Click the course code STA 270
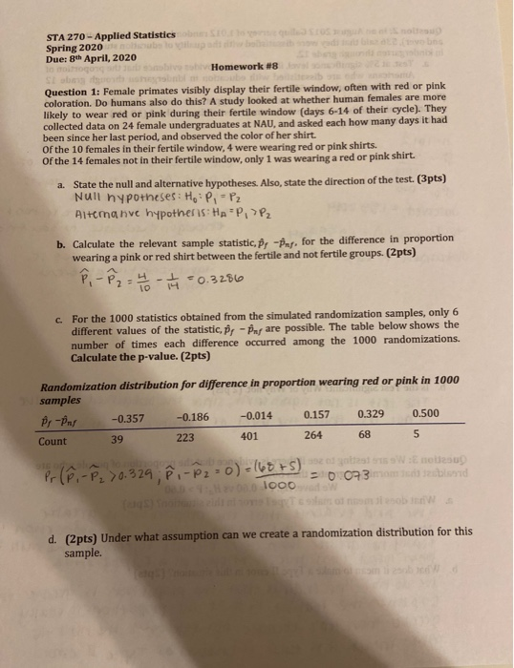coord(67,38)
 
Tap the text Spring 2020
coord(75,49)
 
